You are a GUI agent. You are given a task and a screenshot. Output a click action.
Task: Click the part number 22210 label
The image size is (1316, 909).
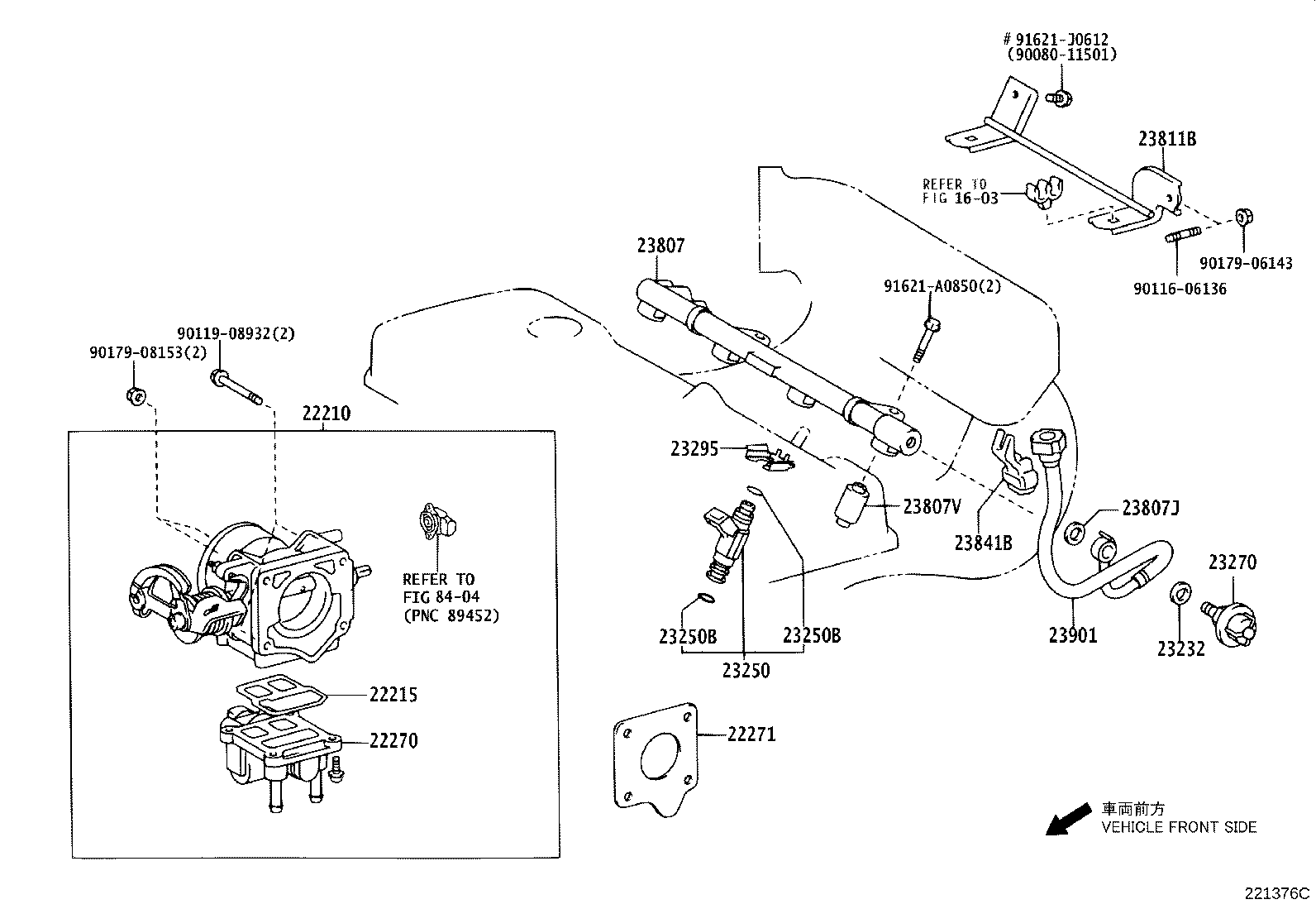click(326, 414)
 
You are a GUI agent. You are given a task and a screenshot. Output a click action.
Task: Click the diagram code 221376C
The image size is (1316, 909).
click(1278, 893)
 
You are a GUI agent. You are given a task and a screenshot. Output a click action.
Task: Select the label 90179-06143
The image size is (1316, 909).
click(1246, 264)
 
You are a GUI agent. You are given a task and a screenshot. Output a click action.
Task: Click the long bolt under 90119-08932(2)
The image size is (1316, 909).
click(236, 389)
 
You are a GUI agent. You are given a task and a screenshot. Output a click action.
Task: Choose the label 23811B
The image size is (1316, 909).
click(1166, 139)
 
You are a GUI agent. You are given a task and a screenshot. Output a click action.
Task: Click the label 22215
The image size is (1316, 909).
click(393, 696)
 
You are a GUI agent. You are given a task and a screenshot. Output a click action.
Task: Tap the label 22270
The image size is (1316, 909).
click(393, 742)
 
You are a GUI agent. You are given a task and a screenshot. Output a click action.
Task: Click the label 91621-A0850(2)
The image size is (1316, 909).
click(942, 286)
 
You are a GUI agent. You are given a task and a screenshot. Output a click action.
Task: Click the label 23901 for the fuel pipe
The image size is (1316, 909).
click(1073, 635)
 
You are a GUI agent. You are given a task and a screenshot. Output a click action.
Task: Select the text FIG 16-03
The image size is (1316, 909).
click(960, 199)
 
